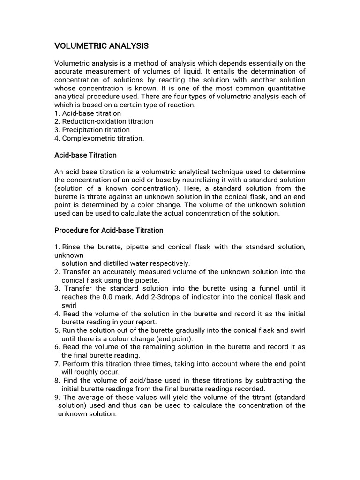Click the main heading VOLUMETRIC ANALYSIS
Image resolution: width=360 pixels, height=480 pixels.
101,46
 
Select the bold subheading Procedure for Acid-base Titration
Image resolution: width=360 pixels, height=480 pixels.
109,230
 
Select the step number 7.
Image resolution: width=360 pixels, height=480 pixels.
57,364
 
